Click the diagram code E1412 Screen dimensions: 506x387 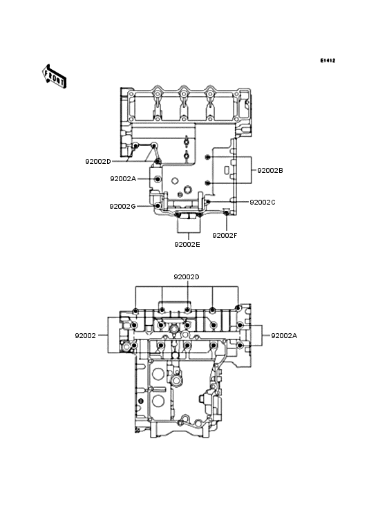(x=327, y=61)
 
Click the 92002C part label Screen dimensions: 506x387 (x=262, y=202)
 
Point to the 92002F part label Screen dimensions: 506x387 (x=225, y=235)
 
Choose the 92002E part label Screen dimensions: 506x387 (x=187, y=244)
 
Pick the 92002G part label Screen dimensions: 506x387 (x=122, y=206)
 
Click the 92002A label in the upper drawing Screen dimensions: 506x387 (x=123, y=178)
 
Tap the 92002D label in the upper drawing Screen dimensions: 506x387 (x=98, y=161)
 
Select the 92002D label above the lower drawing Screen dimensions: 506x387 (x=186, y=277)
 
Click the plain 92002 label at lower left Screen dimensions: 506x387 (x=86, y=335)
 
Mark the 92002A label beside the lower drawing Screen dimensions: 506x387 (x=284, y=335)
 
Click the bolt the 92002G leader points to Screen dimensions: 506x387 (x=158, y=205)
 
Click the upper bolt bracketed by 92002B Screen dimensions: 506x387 (x=208, y=158)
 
